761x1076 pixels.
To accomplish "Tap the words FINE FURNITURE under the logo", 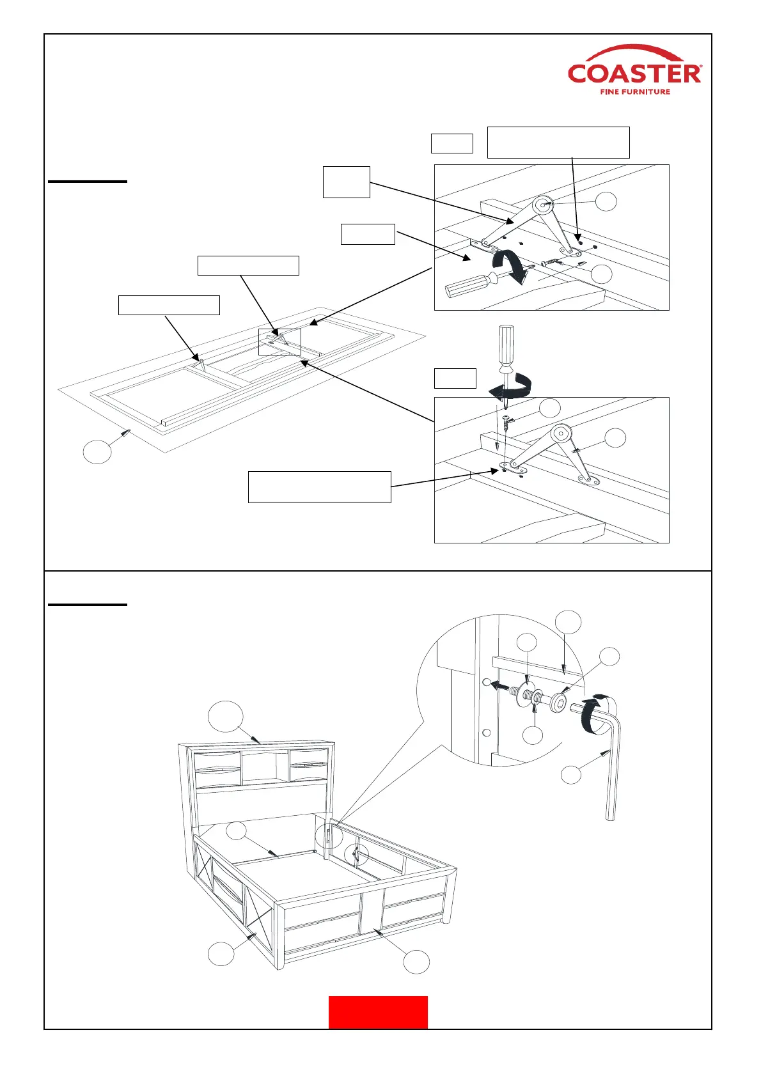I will click(635, 91).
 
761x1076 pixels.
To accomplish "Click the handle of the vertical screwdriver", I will click(506, 345).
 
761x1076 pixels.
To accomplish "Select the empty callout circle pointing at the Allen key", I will click(571, 774).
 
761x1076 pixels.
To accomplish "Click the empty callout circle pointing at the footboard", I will click(416, 962).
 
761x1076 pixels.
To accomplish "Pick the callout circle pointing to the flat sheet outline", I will click(97, 451).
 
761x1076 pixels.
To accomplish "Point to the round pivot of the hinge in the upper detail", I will click(544, 205).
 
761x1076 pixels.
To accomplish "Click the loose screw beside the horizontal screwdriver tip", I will click(551, 261).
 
